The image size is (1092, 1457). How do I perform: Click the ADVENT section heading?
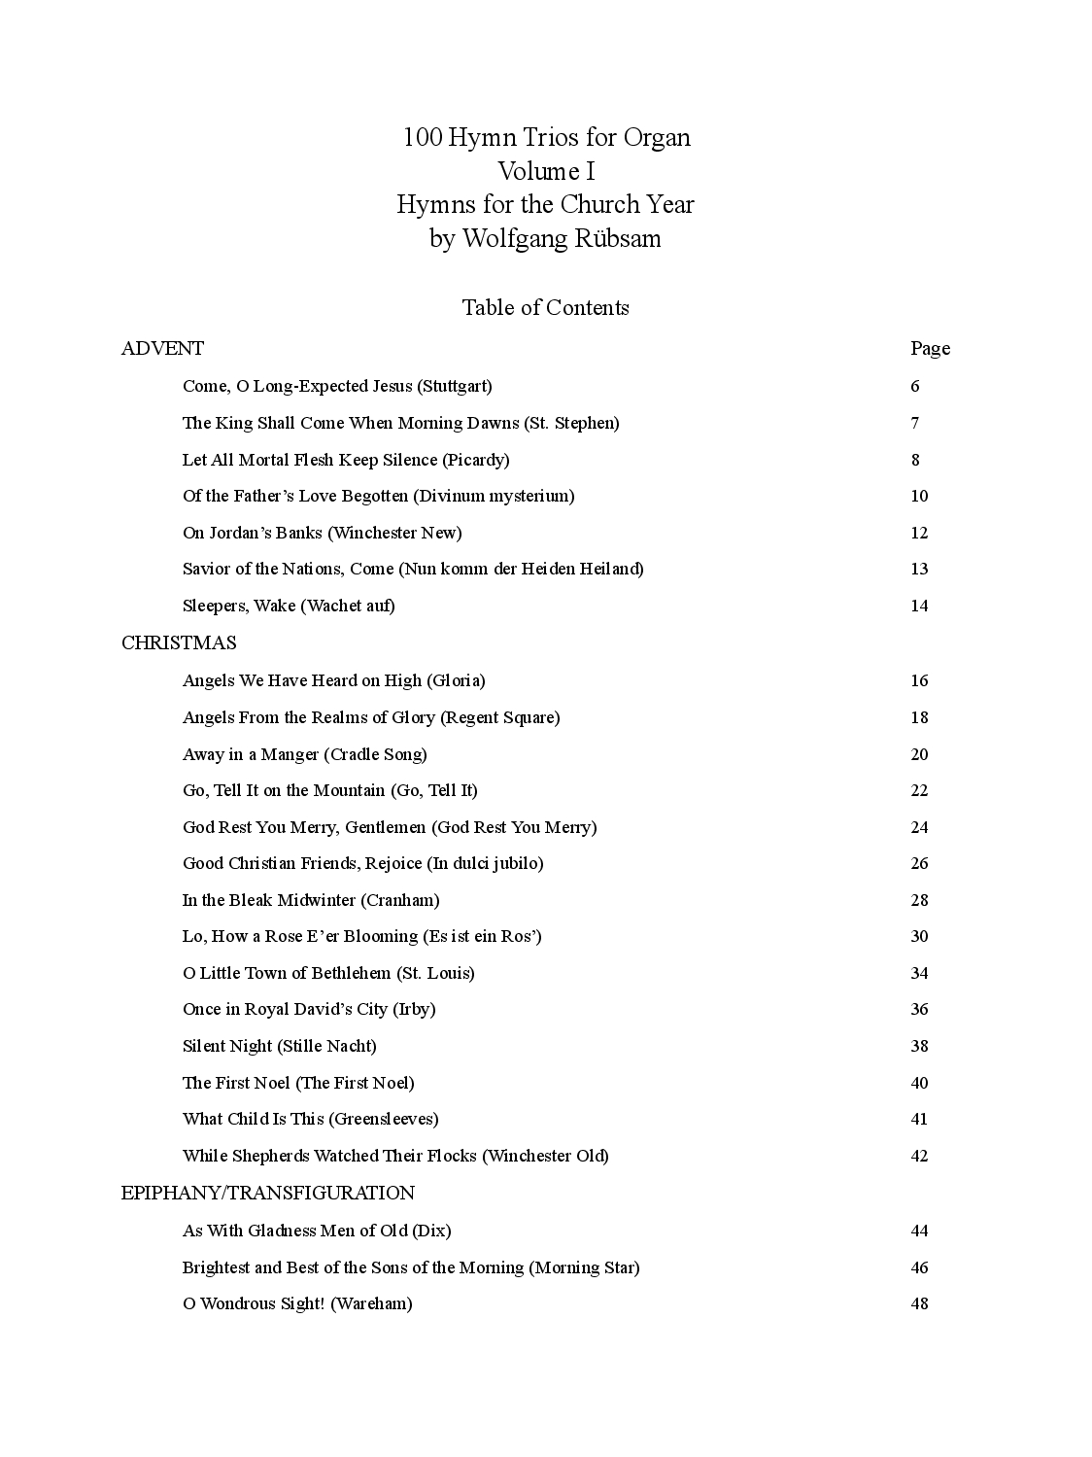[x=162, y=348]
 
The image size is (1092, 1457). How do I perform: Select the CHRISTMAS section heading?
[x=179, y=642]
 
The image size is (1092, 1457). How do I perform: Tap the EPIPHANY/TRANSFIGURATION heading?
[x=268, y=1193]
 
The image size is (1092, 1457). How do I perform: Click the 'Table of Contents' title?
[x=545, y=307]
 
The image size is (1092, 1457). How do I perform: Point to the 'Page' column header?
[x=930, y=348]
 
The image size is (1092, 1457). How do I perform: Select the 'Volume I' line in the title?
[x=546, y=171]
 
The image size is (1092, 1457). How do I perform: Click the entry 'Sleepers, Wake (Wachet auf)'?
[x=289, y=606]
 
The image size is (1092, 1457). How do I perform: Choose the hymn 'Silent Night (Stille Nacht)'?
[x=279, y=1046]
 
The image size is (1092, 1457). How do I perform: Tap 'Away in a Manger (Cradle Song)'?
[x=304, y=754]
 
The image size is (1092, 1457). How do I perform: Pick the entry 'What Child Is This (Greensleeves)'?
[x=310, y=1119]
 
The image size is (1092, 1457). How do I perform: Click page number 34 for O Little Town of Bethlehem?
[x=919, y=973]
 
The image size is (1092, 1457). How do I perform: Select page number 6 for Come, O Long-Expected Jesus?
[x=915, y=386]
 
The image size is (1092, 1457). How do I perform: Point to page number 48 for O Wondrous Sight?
[x=919, y=1303]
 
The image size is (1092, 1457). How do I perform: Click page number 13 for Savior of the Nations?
[x=919, y=569]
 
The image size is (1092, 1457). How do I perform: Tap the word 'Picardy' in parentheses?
[x=475, y=460]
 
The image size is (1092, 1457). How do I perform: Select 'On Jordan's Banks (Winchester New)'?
[x=322, y=533]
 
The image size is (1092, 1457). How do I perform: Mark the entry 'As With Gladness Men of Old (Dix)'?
[x=317, y=1231]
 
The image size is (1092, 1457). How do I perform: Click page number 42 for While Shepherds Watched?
[x=919, y=1156]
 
